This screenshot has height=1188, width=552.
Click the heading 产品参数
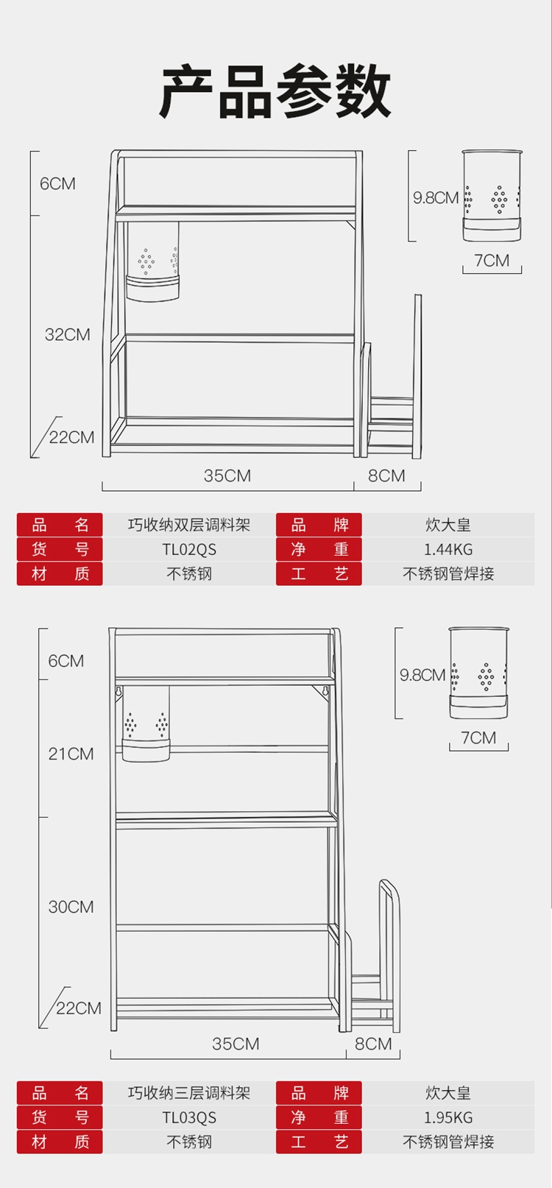[x=275, y=91]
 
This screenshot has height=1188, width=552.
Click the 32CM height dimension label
[x=67, y=335]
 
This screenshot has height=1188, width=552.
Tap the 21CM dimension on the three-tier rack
[x=71, y=754]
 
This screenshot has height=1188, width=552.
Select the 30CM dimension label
[x=71, y=907]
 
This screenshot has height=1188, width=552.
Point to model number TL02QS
[x=189, y=550]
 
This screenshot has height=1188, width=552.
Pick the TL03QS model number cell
[x=189, y=1118]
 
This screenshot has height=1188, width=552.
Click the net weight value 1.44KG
[x=447, y=550]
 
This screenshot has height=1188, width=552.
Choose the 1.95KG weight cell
[x=447, y=1118]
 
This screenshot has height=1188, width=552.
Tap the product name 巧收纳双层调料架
[x=189, y=526]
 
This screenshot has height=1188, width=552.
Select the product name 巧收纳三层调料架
[x=189, y=1094]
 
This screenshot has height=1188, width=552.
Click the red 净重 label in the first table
[x=319, y=550]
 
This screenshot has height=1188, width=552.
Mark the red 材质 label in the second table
[x=60, y=1142]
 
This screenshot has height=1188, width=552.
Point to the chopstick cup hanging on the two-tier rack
[x=153, y=264]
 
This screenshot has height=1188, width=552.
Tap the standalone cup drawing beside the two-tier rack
[x=492, y=196]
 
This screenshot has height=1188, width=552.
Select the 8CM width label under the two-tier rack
[x=386, y=476]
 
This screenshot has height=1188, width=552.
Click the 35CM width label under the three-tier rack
[x=236, y=1044]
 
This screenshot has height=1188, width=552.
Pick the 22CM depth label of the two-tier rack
[x=71, y=438]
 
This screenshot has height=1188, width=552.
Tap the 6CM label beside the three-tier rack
[x=66, y=661]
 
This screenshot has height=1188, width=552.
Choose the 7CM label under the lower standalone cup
[x=478, y=738]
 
